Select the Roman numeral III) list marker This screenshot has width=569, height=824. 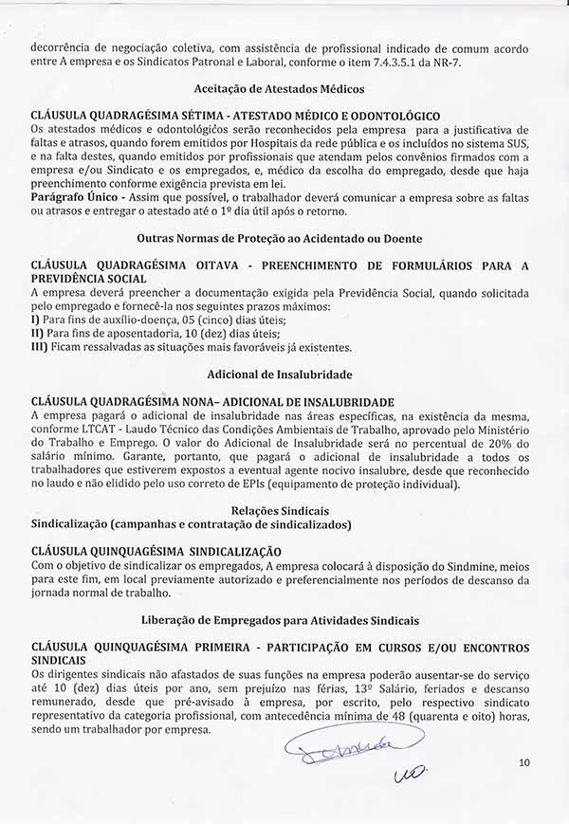click(x=40, y=347)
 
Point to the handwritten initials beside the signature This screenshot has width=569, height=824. click(x=410, y=777)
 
